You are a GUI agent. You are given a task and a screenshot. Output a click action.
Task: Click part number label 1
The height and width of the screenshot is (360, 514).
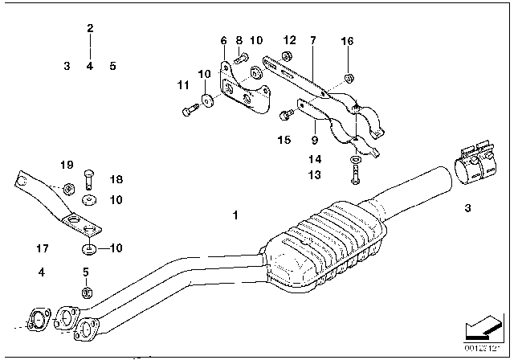coord(235,215)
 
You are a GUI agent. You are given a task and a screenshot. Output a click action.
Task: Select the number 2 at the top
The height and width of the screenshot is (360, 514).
coord(90,29)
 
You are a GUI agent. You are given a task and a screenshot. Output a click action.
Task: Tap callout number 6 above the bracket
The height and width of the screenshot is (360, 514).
coord(223,40)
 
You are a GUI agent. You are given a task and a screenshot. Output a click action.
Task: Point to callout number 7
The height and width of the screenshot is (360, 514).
coord(312,40)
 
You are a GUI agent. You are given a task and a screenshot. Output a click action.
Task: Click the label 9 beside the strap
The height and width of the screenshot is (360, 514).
coord(312,125)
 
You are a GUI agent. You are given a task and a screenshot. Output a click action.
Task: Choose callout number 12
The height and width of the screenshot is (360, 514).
coord(289,40)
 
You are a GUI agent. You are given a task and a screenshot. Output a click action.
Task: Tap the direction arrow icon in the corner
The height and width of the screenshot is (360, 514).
coord(480,329)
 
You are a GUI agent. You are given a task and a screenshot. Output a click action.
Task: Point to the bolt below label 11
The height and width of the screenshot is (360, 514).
coord(188,113)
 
